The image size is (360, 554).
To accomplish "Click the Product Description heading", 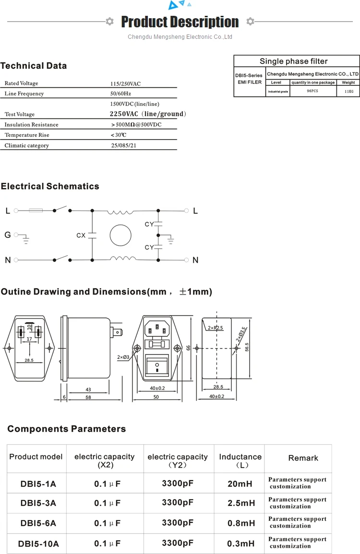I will pos(180,22).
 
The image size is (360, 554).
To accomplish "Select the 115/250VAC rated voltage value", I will pos(125,83).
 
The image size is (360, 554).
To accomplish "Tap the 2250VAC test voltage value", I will pos(147,114).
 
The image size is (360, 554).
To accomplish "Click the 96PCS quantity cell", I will pos(312,91).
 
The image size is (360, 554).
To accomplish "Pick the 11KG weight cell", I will pos(348,91).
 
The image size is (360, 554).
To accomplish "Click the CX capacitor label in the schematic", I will pos(81,236).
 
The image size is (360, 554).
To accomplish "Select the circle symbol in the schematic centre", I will pos(120,235).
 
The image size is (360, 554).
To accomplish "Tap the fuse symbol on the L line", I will pos(36,210).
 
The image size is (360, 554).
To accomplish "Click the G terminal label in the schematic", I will pos(7,235).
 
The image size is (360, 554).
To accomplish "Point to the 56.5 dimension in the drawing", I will pos(247,347).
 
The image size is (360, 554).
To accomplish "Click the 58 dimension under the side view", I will pos(88,398).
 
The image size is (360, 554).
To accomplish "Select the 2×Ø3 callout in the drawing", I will pos(123,357).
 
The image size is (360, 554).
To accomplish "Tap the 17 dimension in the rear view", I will pos(29,339).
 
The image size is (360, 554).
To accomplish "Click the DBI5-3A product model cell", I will pos(38,503).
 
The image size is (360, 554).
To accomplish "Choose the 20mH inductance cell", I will pos(240,483).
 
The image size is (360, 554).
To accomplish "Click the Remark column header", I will pos(303,458).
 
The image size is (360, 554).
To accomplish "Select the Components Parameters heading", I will pos(66,429).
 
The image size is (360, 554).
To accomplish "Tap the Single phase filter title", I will pos(293,61).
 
